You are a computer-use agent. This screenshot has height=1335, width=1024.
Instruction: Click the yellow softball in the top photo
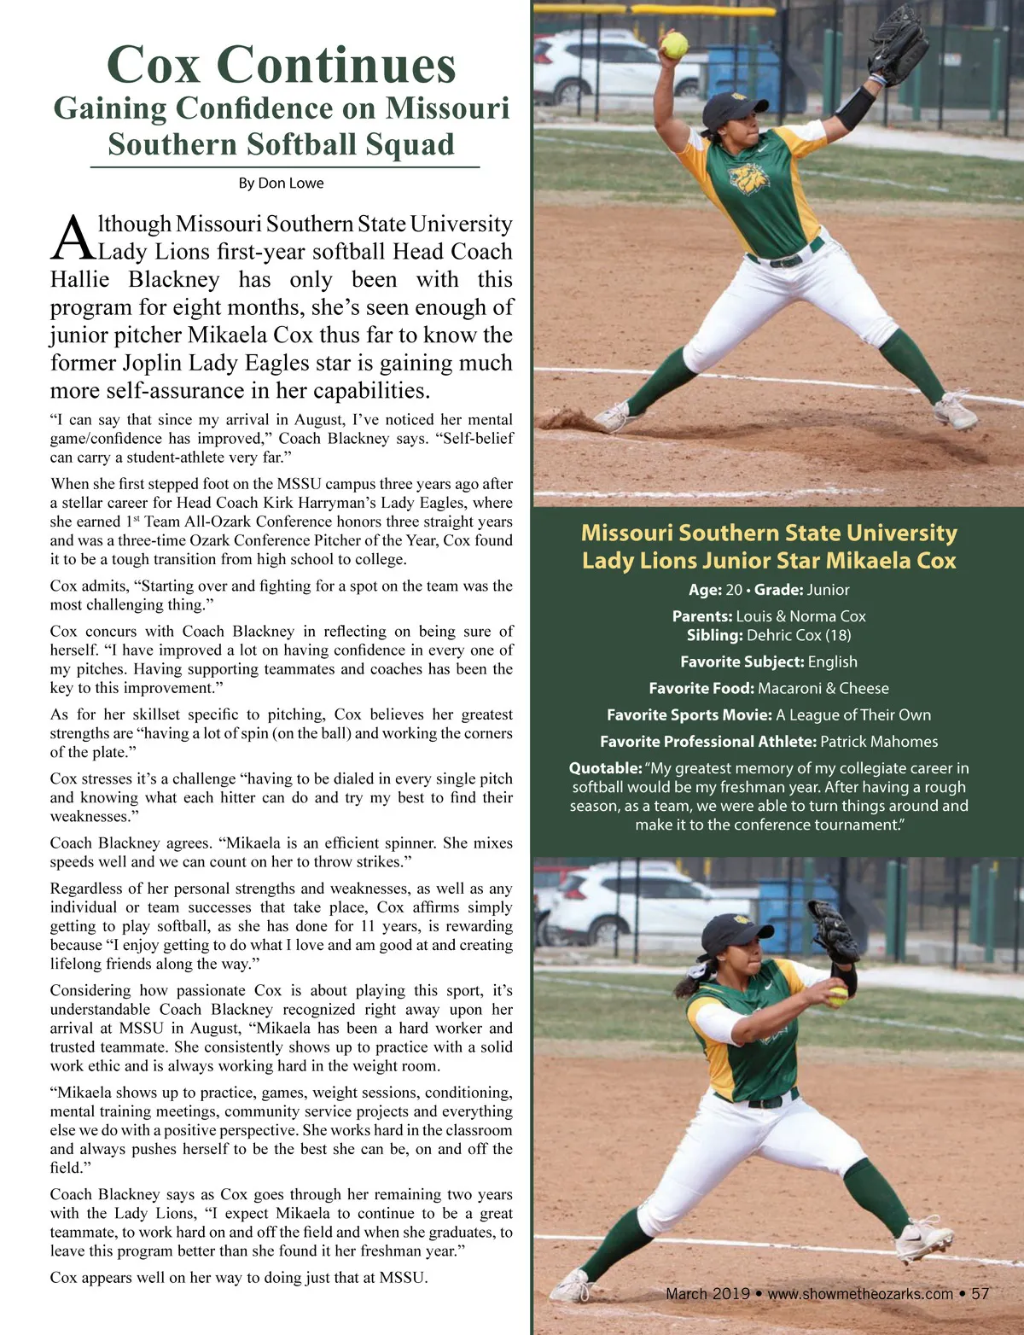click(x=675, y=45)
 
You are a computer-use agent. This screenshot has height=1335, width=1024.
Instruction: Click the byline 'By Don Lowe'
click(x=281, y=183)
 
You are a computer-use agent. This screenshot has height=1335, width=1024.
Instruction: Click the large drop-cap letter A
click(x=72, y=238)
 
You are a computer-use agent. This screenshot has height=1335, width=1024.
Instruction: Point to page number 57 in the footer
click(x=980, y=1293)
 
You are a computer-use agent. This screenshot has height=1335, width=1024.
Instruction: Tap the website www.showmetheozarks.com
click(x=860, y=1293)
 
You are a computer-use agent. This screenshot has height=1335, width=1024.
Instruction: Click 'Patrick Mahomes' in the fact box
click(x=879, y=742)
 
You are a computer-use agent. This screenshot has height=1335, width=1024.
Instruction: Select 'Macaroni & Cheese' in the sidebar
click(x=823, y=688)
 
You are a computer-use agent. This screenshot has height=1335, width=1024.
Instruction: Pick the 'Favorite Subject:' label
click(x=742, y=662)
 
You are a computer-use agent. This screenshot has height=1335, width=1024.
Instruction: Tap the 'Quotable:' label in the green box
click(x=605, y=768)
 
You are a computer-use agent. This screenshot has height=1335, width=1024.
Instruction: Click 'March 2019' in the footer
click(x=707, y=1293)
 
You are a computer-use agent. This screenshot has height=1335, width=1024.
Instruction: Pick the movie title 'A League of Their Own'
click(x=853, y=715)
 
